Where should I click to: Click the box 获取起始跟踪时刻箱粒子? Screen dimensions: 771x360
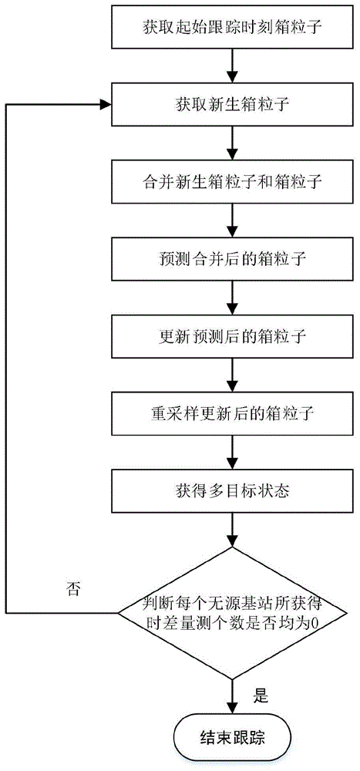(x=232, y=29)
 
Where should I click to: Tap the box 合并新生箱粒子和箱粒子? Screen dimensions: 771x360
(x=232, y=183)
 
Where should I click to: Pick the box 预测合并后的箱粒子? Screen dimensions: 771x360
(x=232, y=260)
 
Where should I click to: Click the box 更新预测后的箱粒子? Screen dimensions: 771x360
(x=232, y=338)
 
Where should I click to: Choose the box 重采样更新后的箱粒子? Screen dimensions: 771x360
(x=232, y=415)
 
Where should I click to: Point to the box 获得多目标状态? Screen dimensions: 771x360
(x=232, y=491)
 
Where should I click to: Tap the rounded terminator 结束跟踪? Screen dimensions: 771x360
(x=232, y=736)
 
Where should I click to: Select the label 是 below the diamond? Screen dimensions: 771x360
(x=260, y=696)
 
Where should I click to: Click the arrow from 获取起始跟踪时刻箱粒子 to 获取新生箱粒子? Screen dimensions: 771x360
(x=232, y=66)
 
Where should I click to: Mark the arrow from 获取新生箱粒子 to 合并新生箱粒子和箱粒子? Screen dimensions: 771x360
(x=232, y=144)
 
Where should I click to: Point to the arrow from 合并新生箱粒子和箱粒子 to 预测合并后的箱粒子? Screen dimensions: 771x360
(x=232, y=221)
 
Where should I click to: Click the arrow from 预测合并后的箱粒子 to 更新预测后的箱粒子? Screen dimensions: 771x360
(x=232, y=299)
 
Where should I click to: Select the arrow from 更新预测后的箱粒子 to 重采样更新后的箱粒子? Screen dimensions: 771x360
(x=232, y=376)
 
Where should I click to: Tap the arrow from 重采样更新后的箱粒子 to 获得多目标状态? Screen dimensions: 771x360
(x=232, y=453)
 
